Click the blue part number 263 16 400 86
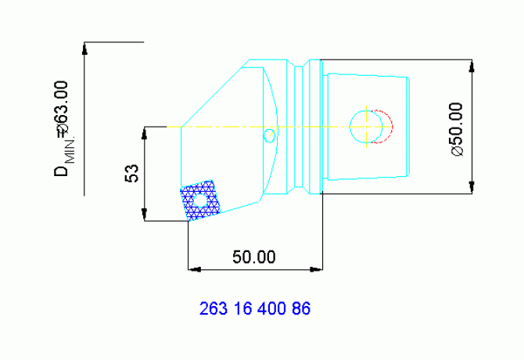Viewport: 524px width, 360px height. click(x=255, y=308)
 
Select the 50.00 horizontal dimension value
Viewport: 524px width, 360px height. click(x=254, y=257)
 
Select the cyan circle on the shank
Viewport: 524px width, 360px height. click(x=364, y=127)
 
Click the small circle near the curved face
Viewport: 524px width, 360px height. click(x=269, y=135)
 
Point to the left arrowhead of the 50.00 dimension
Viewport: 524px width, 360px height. click(x=194, y=269)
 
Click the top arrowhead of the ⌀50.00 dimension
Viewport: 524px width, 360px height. click(x=472, y=66)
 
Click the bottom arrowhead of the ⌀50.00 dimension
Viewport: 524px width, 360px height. click(x=472, y=187)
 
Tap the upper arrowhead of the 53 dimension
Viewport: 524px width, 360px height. click(x=145, y=132)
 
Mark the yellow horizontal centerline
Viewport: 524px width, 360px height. click(x=235, y=127)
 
